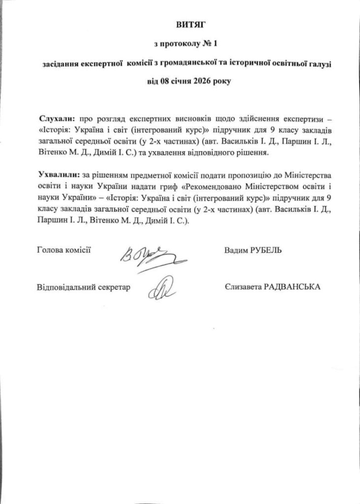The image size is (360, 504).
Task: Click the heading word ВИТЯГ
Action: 180,24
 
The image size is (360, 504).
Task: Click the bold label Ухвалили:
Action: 58,175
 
